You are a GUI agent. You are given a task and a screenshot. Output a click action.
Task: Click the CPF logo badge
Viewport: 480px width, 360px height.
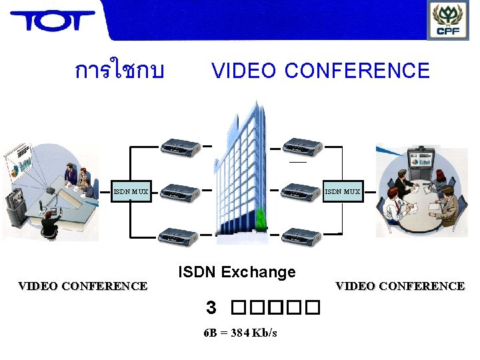tap(447, 20)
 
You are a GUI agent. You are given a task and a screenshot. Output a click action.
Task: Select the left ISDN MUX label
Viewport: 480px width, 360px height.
tap(131, 192)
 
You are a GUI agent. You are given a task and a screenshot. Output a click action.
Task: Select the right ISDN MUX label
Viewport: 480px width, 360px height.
tap(342, 192)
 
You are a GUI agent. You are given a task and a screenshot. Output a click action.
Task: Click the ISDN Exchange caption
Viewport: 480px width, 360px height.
tap(237, 272)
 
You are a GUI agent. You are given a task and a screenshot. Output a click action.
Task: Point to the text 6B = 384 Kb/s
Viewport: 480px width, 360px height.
tap(240, 333)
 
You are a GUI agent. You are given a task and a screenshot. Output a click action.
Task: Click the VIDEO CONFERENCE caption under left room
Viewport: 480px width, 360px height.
tap(83, 286)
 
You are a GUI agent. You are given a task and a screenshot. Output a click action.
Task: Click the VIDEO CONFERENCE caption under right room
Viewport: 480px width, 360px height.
tap(400, 286)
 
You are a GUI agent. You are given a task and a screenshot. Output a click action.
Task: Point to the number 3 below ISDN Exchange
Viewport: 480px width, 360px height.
tap(211, 307)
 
